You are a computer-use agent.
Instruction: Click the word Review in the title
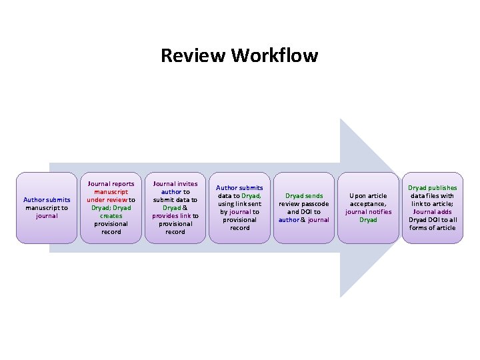[193, 55]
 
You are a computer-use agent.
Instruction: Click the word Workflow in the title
[275, 55]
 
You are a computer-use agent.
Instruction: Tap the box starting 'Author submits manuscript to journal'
[47, 208]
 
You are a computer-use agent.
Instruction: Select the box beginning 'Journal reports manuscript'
[111, 208]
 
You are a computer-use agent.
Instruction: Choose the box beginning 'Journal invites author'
[175, 208]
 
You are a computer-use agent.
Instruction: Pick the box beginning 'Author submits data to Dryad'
[239, 208]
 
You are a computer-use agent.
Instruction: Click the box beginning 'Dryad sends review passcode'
[304, 208]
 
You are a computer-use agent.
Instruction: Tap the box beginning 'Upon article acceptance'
[368, 208]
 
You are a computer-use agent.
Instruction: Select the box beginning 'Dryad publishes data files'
[432, 208]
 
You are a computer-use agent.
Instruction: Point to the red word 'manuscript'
[111, 192]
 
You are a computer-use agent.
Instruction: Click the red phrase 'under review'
[107, 200]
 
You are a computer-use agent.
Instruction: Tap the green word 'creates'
[111, 216]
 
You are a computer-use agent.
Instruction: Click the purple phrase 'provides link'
[171, 216]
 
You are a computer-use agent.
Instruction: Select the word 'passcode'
[315, 204]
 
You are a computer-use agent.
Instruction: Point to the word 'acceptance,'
[368, 204]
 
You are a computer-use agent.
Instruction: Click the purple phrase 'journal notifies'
[368, 212]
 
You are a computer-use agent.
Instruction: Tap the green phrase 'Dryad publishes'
[432, 187]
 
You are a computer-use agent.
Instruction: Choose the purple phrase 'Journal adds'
[432, 212]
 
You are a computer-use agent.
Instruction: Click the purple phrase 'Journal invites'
[175, 184]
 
